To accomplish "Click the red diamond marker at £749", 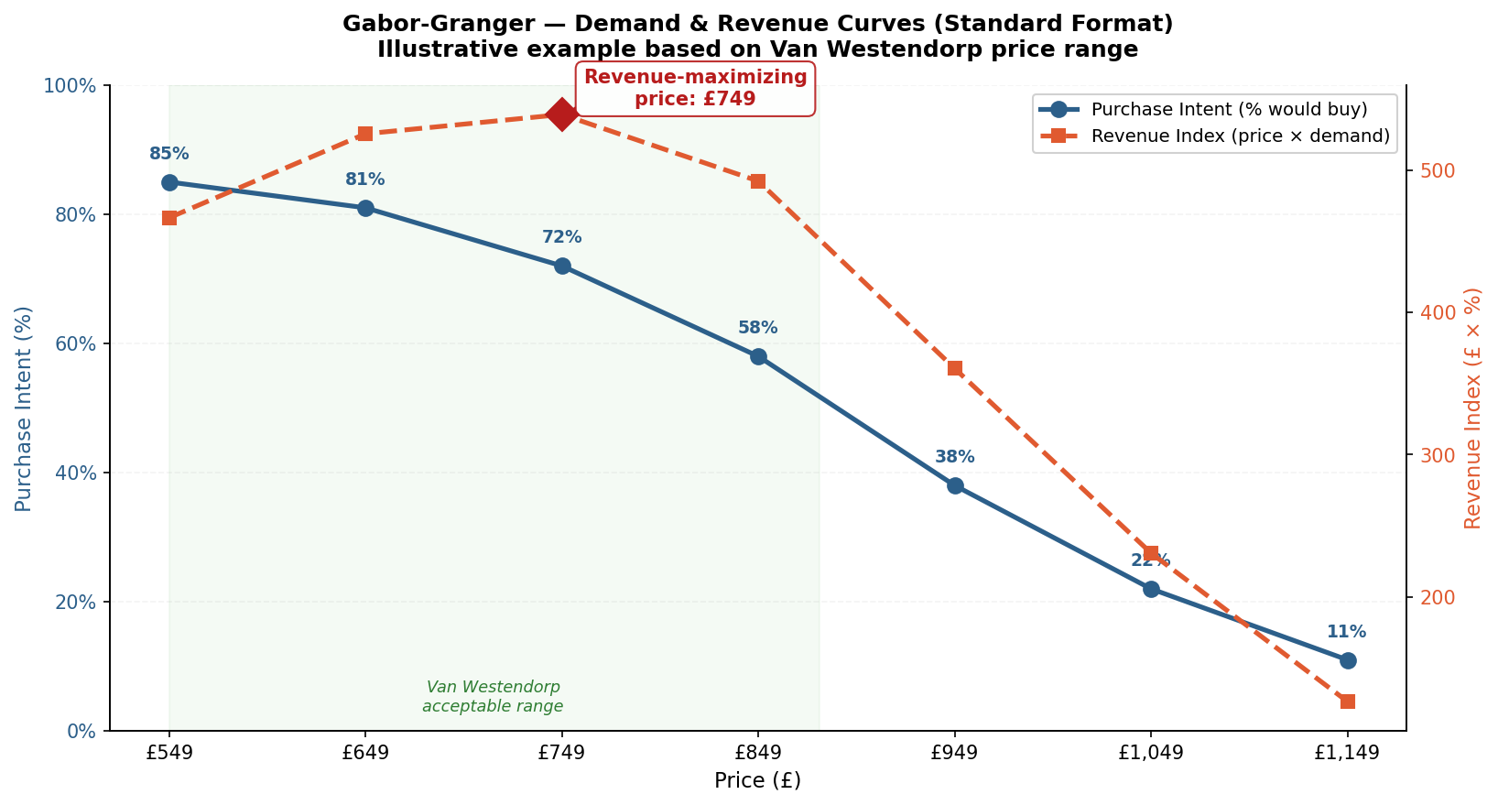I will [x=561, y=114].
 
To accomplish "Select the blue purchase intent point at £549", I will [x=169, y=182].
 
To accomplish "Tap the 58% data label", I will [x=758, y=328].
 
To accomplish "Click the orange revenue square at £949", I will [x=955, y=368].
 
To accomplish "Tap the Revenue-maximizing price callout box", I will [x=695, y=88].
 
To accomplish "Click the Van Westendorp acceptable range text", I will [x=493, y=697].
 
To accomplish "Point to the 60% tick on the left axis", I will [x=77, y=344].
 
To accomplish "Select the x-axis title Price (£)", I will [x=757, y=781].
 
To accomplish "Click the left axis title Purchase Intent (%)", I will [x=24, y=408].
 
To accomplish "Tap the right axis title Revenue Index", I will [x=1472, y=408].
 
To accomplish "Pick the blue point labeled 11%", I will [x=1347, y=660].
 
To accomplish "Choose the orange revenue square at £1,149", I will [x=1347, y=702].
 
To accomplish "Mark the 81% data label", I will [x=365, y=179].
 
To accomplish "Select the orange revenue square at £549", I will [x=169, y=218].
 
